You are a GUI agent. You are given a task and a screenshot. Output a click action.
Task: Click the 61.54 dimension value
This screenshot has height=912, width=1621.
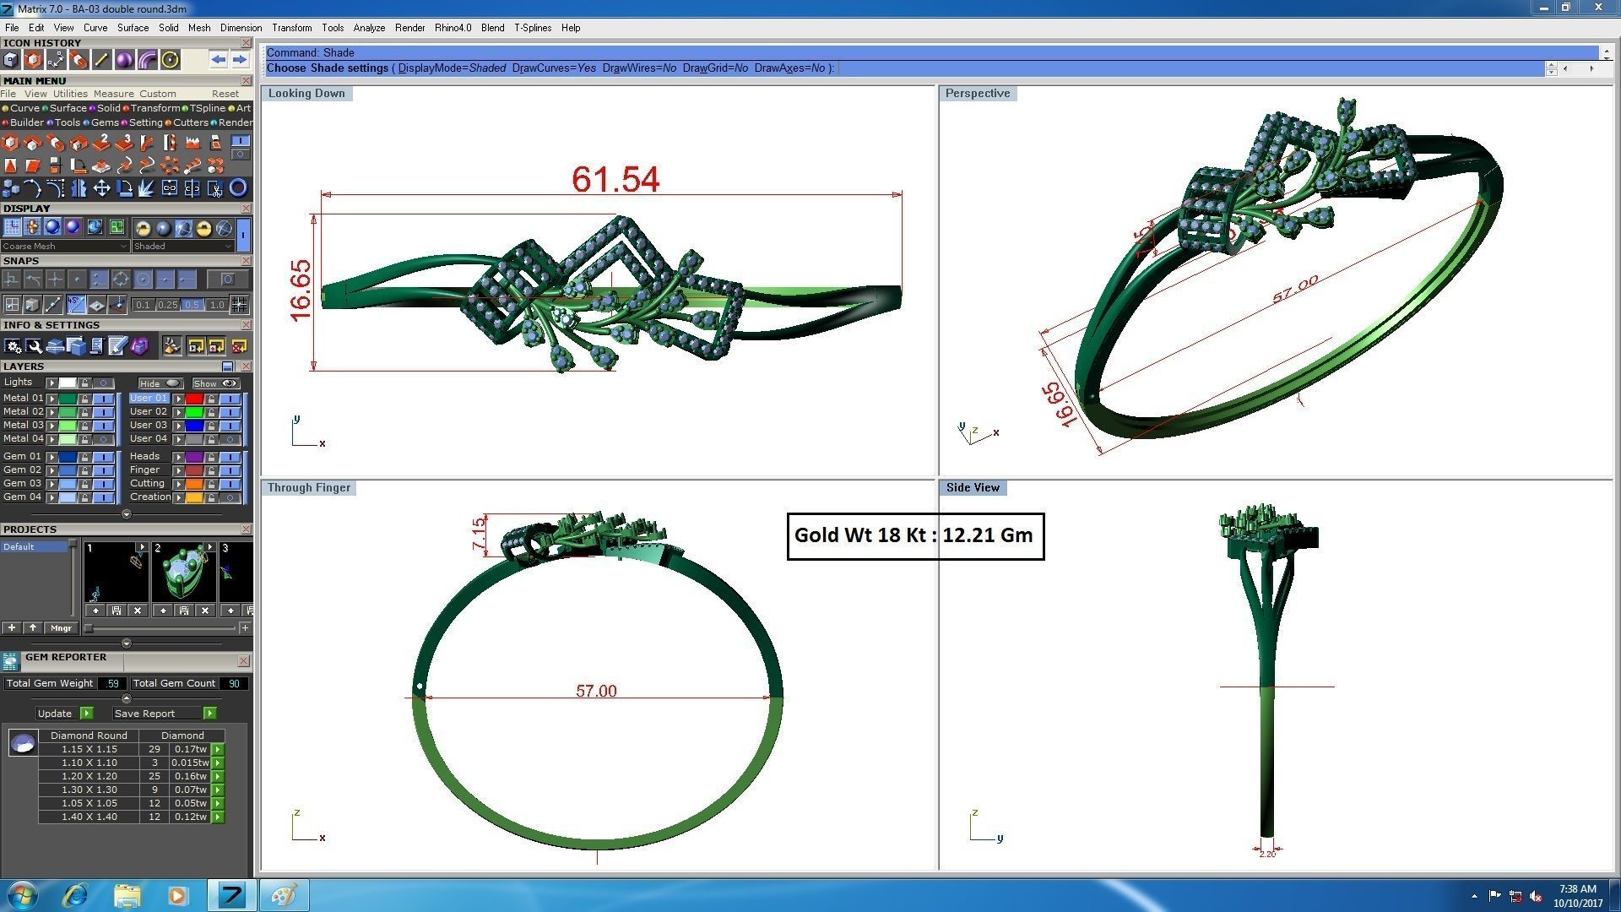(615, 179)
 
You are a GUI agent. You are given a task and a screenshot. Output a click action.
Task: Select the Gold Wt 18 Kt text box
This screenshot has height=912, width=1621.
(915, 535)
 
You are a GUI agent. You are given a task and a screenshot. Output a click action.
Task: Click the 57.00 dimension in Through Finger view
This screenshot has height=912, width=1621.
(596, 691)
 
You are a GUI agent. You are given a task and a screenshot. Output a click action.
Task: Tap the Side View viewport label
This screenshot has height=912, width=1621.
(973, 487)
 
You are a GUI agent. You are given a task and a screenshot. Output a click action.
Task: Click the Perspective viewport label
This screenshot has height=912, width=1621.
(977, 93)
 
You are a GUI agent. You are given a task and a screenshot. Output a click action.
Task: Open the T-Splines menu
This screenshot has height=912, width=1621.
(532, 28)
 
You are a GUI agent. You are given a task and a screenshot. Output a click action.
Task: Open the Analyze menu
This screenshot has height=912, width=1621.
(369, 28)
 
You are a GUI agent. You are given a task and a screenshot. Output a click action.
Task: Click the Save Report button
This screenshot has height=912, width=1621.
(144, 714)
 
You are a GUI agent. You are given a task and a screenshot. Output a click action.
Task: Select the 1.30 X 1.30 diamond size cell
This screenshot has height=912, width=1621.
(89, 790)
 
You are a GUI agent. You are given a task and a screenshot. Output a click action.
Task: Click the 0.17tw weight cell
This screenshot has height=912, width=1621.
(190, 749)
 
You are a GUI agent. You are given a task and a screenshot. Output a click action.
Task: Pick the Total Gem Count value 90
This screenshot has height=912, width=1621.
(234, 683)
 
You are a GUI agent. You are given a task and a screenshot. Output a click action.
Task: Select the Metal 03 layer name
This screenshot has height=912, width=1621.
(23, 425)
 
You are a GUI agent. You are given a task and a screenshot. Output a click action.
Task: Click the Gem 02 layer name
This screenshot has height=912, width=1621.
(22, 470)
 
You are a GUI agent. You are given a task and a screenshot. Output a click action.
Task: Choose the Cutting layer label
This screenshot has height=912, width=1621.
(147, 483)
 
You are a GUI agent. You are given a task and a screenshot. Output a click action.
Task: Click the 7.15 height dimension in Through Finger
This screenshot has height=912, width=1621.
(479, 534)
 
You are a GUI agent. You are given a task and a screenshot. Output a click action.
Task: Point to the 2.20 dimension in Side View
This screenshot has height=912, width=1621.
(1267, 854)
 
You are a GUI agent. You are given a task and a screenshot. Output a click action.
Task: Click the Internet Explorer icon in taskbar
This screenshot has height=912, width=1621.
(75, 894)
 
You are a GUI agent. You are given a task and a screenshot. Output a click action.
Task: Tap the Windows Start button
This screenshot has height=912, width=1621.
(21, 894)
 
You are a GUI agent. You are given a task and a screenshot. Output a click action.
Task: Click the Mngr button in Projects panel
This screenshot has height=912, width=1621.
(61, 628)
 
